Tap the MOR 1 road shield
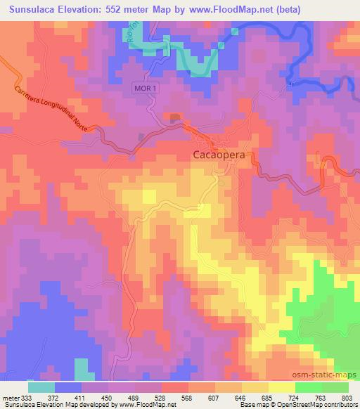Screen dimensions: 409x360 [144, 86]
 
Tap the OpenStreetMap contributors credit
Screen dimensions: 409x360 [315, 405]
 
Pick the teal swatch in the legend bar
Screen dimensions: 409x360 [41, 388]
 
